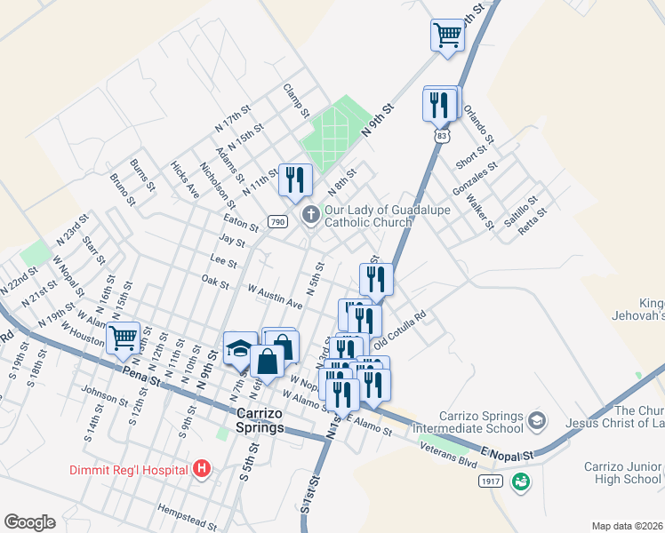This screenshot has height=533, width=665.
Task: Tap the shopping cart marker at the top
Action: (x=447, y=36)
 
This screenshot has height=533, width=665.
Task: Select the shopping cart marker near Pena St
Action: (x=123, y=337)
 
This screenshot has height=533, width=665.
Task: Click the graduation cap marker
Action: (x=239, y=349)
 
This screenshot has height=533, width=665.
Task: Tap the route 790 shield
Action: (x=277, y=221)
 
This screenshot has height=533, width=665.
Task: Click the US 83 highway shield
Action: (x=442, y=135)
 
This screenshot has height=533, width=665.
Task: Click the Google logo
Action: (x=29, y=521)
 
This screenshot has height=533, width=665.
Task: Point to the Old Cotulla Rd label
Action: (x=401, y=329)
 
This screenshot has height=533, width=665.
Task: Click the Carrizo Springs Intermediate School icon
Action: (x=536, y=418)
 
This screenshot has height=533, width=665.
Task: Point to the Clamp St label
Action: (x=296, y=101)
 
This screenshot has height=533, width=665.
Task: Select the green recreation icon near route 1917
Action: (x=522, y=481)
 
